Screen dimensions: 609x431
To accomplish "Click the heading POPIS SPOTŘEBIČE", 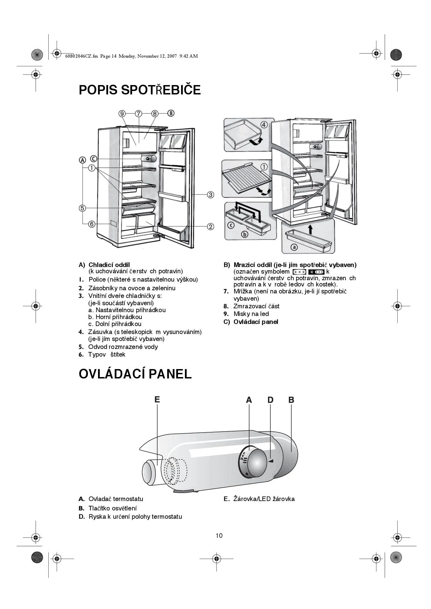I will click(x=140, y=90).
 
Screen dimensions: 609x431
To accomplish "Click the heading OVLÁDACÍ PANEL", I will click(x=135, y=374).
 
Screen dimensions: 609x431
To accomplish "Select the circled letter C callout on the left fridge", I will click(x=93, y=159).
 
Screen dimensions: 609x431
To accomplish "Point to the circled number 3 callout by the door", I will click(x=211, y=195).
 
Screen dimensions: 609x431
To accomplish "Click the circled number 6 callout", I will click(x=92, y=224).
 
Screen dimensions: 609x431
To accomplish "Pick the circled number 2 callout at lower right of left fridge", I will click(x=211, y=227).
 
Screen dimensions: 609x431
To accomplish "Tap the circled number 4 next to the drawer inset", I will click(x=264, y=125).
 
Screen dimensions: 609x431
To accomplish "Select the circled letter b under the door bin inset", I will click(x=245, y=234).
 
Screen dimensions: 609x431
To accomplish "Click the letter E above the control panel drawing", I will click(x=157, y=400).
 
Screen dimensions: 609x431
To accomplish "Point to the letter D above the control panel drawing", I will click(x=270, y=400).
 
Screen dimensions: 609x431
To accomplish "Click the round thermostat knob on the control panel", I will click(x=257, y=462).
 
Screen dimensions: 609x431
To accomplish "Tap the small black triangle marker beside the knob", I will click(x=271, y=461).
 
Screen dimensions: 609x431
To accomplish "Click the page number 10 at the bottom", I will click(x=219, y=535).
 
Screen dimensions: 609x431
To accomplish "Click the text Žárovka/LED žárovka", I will click(x=264, y=499).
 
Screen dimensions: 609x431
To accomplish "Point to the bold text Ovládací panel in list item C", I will click(x=256, y=322).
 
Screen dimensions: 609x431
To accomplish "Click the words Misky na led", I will click(x=251, y=314).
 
